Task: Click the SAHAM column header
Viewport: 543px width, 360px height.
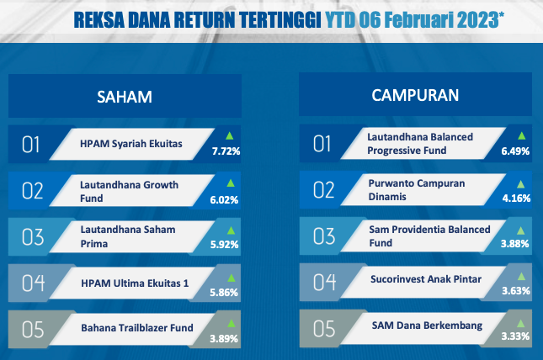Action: point(125,97)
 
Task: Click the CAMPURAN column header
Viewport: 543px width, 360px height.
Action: point(415,95)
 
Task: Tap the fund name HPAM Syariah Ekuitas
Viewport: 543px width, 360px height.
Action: point(131,144)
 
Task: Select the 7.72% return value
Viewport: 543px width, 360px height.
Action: point(226,151)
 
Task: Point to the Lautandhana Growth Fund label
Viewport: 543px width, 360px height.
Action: point(129,192)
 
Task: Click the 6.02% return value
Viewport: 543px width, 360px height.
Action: point(224,199)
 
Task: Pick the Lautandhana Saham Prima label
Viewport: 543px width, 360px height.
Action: point(128,236)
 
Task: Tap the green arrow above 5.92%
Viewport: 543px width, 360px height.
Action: point(231,230)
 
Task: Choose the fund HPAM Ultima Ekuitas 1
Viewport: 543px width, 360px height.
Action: point(135,283)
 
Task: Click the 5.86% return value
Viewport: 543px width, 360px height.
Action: point(224,293)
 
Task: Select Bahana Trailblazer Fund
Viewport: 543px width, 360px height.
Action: point(137,328)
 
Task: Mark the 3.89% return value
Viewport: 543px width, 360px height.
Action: point(224,338)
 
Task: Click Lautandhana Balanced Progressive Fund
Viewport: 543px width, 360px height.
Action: point(420,144)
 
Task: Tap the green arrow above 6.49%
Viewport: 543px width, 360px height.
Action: point(521,135)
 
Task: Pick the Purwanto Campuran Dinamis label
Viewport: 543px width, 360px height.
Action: point(417,190)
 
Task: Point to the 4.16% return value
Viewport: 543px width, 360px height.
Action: point(516,198)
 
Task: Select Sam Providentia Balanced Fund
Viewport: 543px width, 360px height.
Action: point(429,236)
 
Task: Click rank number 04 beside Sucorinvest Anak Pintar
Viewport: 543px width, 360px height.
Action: point(324,282)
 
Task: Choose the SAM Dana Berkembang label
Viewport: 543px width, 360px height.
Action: point(427,326)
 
